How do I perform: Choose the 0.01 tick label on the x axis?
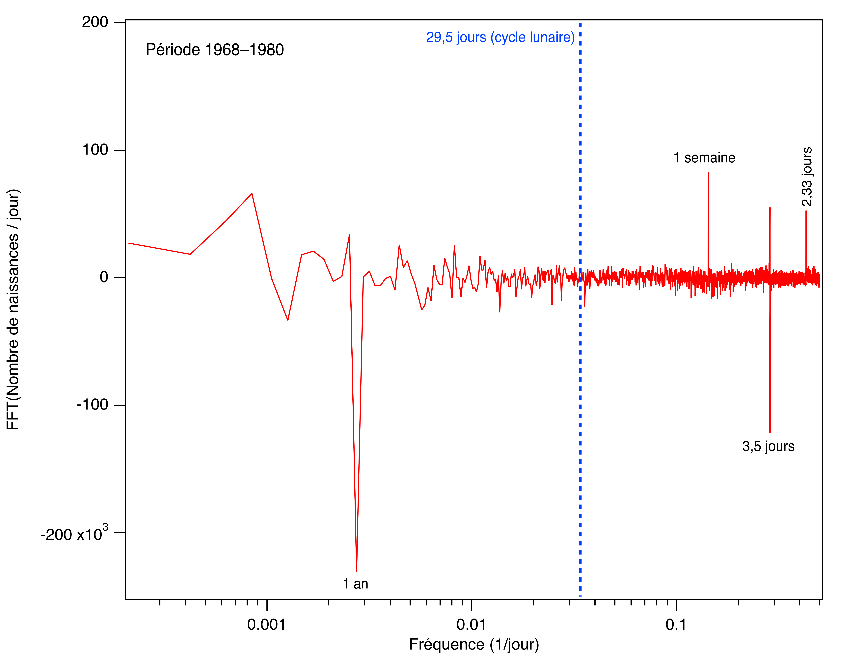[471, 624]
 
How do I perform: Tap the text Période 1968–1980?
[215, 50]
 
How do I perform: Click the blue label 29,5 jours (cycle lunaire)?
[500, 37]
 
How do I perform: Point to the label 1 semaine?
[704, 158]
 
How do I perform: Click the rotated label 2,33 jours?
[807, 177]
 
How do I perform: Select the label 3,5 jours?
[768, 446]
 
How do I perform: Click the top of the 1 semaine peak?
[708, 173]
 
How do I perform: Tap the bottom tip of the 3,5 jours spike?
[770, 432]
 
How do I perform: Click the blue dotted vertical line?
[580, 353]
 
